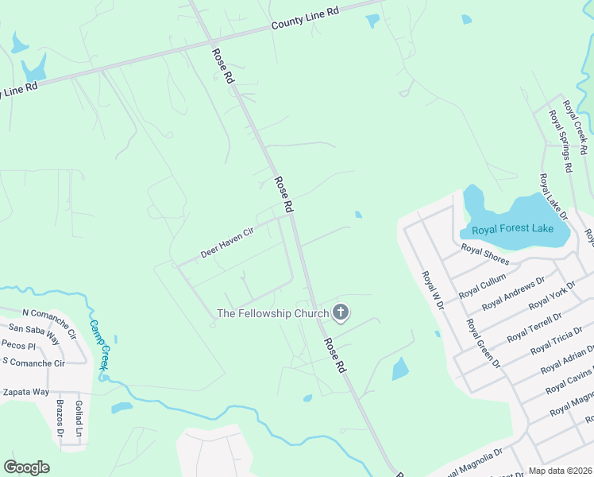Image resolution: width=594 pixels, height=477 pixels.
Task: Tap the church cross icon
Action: coord(341,312)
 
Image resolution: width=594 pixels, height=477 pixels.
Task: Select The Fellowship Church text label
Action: coord(272,313)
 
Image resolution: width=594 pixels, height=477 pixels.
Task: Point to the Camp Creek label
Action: coord(99,345)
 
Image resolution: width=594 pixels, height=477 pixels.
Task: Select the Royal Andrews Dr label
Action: coord(513,292)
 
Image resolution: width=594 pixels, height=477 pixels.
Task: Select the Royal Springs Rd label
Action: coord(560,141)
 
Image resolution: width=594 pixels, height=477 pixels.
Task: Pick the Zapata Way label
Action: coord(25,392)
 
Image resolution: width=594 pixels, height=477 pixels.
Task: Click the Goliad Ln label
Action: coord(79,419)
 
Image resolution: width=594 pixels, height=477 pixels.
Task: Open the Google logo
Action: coord(26,467)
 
